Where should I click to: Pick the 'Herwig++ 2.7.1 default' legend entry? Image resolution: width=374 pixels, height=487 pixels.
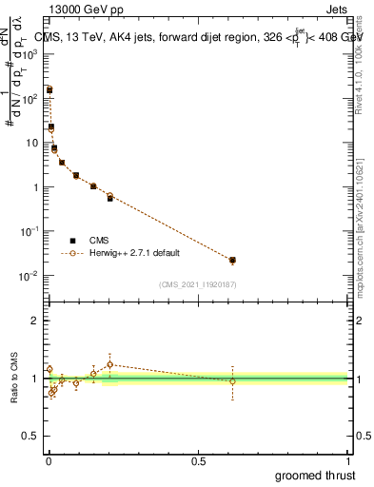coord(121,253)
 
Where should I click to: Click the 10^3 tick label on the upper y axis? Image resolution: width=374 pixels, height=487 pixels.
coord(31,54)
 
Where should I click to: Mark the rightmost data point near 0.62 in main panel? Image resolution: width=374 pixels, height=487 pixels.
coord(233,260)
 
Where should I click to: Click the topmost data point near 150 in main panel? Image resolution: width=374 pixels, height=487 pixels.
coord(49,90)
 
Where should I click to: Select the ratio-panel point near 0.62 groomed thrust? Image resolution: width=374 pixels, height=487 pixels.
coord(233,381)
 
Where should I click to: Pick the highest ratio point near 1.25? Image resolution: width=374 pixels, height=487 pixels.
coord(110,364)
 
